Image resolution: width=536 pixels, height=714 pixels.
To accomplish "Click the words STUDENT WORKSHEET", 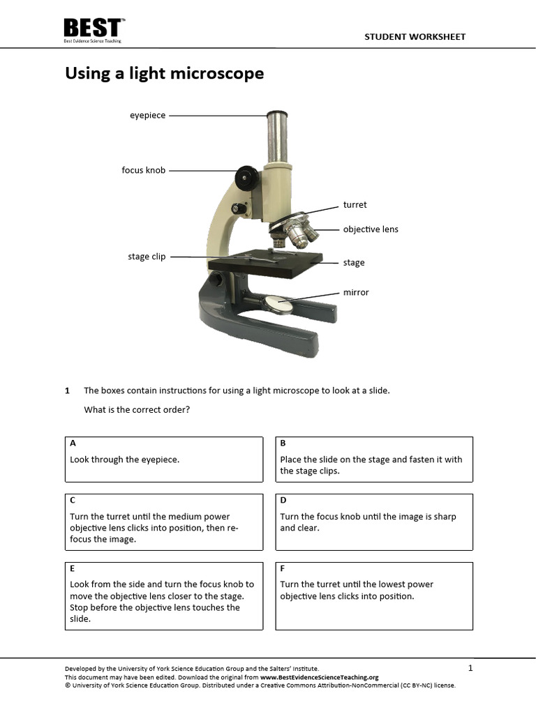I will tap(415, 37).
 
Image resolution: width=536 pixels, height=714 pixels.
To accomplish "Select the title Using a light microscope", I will tap(164, 73).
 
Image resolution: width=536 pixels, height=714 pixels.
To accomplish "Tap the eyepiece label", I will tap(147, 116).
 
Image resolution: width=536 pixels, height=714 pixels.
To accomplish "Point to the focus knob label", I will tap(143, 170).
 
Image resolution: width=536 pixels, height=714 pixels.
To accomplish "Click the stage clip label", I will tap(147, 257).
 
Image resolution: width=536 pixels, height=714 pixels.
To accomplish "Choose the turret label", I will tap(355, 205).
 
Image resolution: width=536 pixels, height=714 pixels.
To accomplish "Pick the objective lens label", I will tap(371, 229).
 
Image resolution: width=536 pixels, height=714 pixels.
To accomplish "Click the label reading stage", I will tap(354, 263).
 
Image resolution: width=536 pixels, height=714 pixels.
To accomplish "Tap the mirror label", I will tap(356, 293).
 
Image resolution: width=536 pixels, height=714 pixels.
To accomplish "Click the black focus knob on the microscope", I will tap(246, 177).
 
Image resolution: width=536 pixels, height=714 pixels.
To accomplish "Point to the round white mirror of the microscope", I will tap(278, 303).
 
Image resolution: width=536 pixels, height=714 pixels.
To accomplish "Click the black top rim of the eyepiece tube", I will tap(277, 114).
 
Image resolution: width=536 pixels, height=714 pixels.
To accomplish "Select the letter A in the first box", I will tap(73, 443).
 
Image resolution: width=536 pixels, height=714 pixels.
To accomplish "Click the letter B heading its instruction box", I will tap(283, 443).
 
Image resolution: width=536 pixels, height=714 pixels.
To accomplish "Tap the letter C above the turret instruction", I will tap(73, 500).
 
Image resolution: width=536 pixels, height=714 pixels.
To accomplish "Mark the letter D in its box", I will tap(283, 500).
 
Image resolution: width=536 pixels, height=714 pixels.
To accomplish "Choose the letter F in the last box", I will tap(283, 568).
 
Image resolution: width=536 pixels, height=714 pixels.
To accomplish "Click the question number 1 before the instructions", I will tap(68, 390).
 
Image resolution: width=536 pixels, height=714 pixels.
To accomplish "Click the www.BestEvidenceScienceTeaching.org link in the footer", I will tap(319, 677).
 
